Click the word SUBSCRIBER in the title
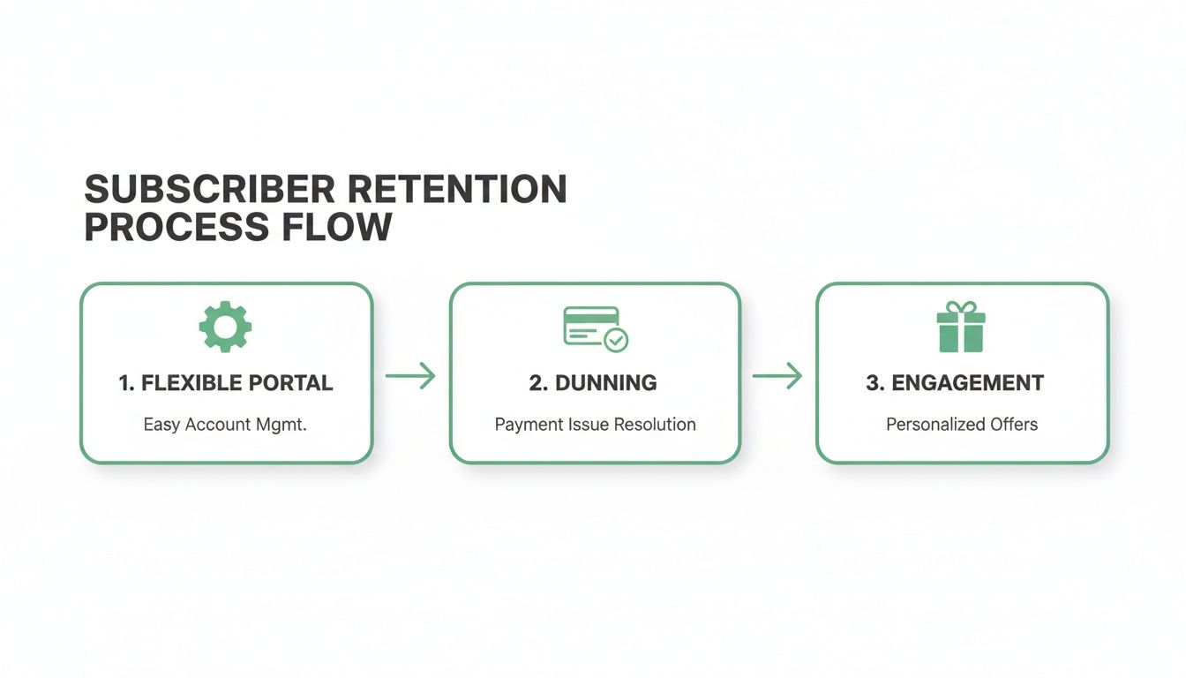209,190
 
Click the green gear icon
226,328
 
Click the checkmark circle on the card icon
616,339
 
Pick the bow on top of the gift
961,308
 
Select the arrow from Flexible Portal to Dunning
411,376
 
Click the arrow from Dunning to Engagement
777,376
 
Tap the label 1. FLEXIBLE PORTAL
226,383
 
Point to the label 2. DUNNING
593,383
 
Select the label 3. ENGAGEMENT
955,383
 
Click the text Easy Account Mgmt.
225,425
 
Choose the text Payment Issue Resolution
595,425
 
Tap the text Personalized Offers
962,425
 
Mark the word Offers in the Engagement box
1014,425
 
